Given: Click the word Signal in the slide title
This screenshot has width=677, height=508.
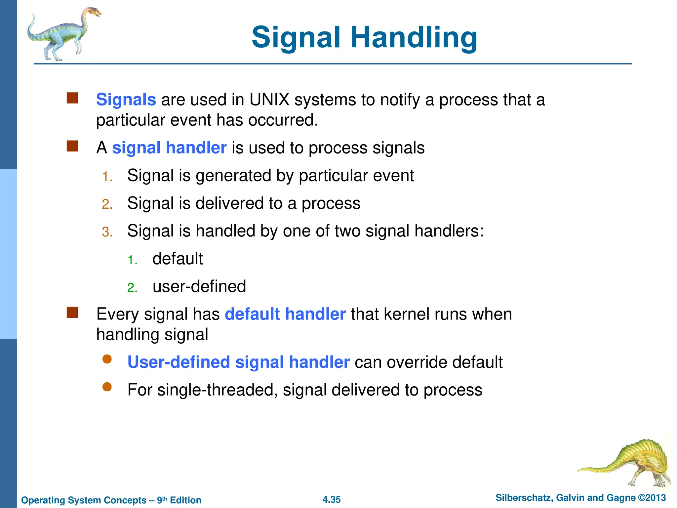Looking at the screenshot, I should pos(296,37).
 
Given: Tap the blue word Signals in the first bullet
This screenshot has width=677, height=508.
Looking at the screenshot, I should pos(126,100).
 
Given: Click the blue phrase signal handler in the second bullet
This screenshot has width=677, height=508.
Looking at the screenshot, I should pos(169,148).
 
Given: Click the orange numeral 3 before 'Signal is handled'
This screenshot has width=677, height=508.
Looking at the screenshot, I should pos(106,232).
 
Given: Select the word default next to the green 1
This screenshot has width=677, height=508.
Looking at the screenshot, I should pos(178,259).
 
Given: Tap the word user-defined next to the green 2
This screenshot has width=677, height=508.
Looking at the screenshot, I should pos(199,286).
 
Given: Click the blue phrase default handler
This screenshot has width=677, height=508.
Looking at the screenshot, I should pos(285,314).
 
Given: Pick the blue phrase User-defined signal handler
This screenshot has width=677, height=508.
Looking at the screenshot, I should pos(238,362).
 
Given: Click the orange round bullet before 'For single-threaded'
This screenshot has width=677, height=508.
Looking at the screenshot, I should pos(107,387).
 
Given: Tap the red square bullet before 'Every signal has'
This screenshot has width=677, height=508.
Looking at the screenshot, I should pos(72,312).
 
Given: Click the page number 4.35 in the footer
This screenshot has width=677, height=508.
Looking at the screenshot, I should pos(332,499).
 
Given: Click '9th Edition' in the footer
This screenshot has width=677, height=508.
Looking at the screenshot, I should pos(179,500).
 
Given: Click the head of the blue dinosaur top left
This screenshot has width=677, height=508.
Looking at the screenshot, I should pos(94,13).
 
